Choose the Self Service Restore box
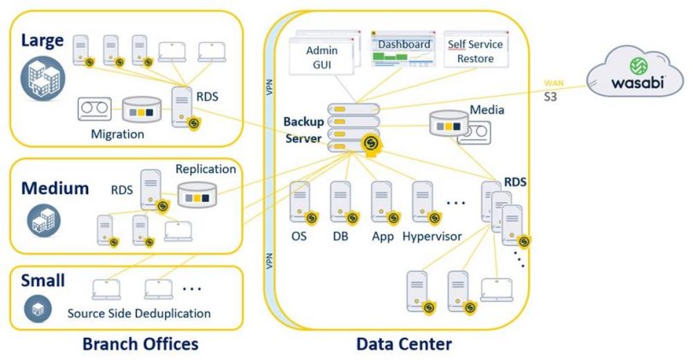pos(476,51)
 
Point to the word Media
pos(486,109)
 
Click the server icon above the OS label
pos(300,202)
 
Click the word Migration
pos(119,134)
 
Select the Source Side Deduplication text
pos(139,313)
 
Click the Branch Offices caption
pos(140,344)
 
